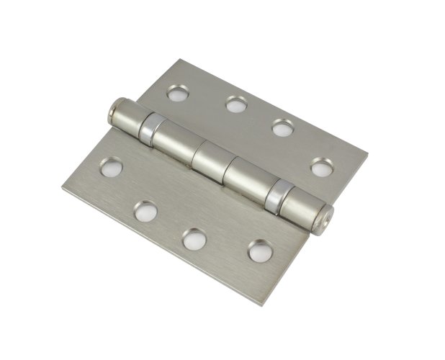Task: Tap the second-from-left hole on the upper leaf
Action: click(x=235, y=104)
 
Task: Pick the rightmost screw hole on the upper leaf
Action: click(x=320, y=168)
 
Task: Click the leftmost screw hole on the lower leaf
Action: click(x=111, y=168)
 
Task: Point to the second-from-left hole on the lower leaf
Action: click(x=146, y=210)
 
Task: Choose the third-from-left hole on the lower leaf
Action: click(x=193, y=238)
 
